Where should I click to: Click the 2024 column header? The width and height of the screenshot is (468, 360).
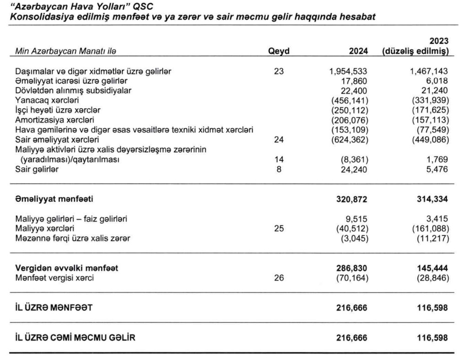click(358, 51)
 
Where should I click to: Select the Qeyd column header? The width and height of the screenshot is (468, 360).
click(279, 51)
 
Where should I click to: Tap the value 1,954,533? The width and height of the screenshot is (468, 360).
click(348, 71)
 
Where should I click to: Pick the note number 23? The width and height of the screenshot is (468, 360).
click(279, 71)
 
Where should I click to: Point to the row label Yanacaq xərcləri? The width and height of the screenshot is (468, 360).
click(43, 100)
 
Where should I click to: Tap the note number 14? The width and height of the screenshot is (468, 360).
click(279, 159)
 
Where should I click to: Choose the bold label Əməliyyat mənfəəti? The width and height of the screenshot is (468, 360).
click(57, 199)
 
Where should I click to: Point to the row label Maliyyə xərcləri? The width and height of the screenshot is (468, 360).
click(44, 228)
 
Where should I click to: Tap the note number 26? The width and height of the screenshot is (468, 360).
click(279, 277)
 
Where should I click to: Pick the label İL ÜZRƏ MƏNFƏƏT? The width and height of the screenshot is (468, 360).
click(54, 307)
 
